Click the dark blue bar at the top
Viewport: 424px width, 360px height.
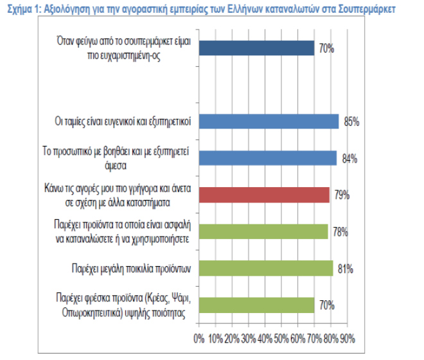pyautogui.click(x=256, y=48)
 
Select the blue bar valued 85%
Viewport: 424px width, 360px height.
pyautogui.click(x=269, y=122)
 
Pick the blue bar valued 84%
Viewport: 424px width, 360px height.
pyautogui.click(x=267, y=158)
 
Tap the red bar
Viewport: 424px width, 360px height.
pyautogui.click(x=263, y=194)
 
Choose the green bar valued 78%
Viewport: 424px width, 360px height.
pyautogui.click(x=263, y=231)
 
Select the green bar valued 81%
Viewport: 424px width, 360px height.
pyautogui.click(x=265, y=268)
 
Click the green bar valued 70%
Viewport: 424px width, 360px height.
pyautogui.click(x=256, y=305)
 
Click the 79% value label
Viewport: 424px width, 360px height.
pyautogui.click(x=341, y=195)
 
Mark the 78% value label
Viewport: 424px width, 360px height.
pyautogui.click(x=340, y=232)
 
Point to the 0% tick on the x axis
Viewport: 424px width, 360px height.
pyautogui.click(x=199, y=338)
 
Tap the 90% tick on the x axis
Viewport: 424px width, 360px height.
pyautogui.click(x=348, y=338)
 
